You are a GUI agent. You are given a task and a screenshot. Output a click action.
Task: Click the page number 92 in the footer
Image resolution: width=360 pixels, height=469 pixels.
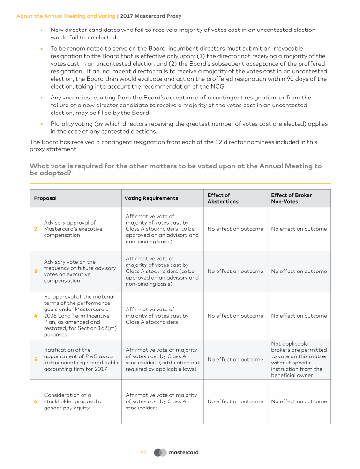pyautogui.click(x=143, y=452)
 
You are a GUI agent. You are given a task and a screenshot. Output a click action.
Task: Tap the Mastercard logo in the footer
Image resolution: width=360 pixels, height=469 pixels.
pyautogui.click(x=177, y=452)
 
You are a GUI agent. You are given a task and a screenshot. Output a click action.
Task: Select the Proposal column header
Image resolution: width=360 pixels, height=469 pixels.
pyautogui.click(x=45, y=198)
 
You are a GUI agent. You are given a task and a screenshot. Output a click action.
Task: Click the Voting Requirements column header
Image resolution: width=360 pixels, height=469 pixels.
pyautogui.click(x=151, y=198)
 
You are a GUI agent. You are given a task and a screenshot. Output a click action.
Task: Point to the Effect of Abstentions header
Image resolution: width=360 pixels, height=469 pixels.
pyautogui.click(x=223, y=198)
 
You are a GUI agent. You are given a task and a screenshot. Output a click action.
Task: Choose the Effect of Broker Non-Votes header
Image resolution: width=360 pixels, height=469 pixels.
pyautogui.click(x=291, y=198)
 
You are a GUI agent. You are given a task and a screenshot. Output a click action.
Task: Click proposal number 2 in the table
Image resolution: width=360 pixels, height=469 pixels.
pyautogui.click(x=36, y=229)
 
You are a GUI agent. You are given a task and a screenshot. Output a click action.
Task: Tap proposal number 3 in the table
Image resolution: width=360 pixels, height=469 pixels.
pyautogui.click(x=36, y=271)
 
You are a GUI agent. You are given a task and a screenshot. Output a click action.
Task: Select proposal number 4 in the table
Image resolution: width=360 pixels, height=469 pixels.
pyautogui.click(x=36, y=316)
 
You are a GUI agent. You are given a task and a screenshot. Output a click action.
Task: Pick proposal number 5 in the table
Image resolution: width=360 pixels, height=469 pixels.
pyautogui.click(x=36, y=359)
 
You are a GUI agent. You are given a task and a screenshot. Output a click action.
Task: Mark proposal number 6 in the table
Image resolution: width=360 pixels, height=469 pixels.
pyautogui.click(x=36, y=401)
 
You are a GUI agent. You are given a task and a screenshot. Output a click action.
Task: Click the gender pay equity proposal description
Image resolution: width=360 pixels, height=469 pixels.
pyautogui.click(x=74, y=401)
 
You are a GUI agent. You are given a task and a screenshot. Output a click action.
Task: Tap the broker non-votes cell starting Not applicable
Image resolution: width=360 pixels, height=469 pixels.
pyautogui.click(x=299, y=359)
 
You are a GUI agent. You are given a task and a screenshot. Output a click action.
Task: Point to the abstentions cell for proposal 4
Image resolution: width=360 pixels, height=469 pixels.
pyautogui.click(x=235, y=316)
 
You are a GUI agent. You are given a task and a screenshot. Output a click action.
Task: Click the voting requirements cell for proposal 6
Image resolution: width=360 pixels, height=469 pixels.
pyautogui.click(x=161, y=401)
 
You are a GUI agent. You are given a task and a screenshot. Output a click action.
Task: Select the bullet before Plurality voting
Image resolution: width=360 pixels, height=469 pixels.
pyautogui.click(x=42, y=124)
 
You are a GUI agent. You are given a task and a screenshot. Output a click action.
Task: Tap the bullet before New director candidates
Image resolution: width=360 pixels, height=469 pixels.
pyautogui.click(x=42, y=30)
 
